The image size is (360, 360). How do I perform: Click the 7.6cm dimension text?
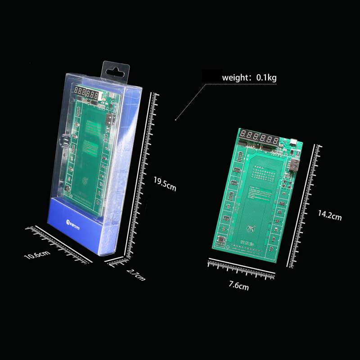[x=238, y=285]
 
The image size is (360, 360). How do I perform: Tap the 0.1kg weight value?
[x=266, y=78]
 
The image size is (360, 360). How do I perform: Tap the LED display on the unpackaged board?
[x=258, y=135]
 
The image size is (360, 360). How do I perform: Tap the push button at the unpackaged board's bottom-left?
[x=221, y=240]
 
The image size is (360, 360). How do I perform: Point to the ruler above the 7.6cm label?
[x=242, y=269]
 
